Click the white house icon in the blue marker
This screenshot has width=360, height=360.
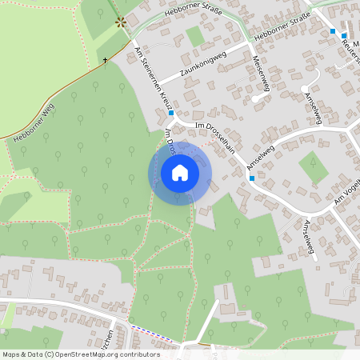(x=180, y=173)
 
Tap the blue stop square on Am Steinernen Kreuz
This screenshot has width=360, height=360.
(x=171, y=114)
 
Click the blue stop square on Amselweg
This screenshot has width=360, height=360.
(x=252, y=178)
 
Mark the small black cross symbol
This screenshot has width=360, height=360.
(x=105, y=59)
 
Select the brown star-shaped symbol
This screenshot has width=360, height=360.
(x=121, y=22)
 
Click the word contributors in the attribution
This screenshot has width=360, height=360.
(x=138, y=354)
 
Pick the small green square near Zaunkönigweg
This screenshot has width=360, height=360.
(x=195, y=36)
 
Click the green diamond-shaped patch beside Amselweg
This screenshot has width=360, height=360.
(x=313, y=167)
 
